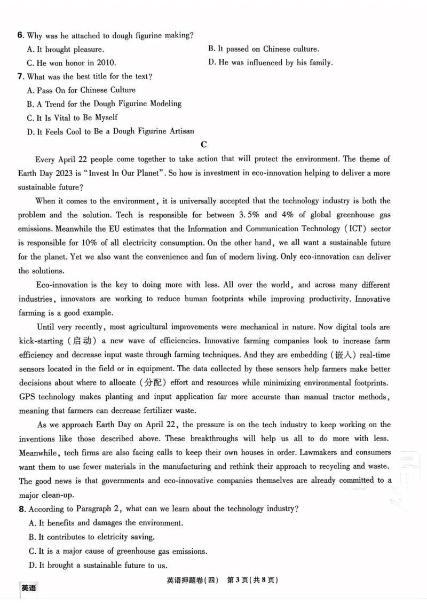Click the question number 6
click(x=20, y=36)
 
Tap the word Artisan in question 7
click(x=179, y=131)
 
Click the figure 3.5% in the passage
click(x=249, y=215)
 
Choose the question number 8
click(x=21, y=509)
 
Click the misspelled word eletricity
click(x=108, y=537)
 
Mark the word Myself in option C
click(x=106, y=117)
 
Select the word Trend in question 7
click(x=56, y=104)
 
